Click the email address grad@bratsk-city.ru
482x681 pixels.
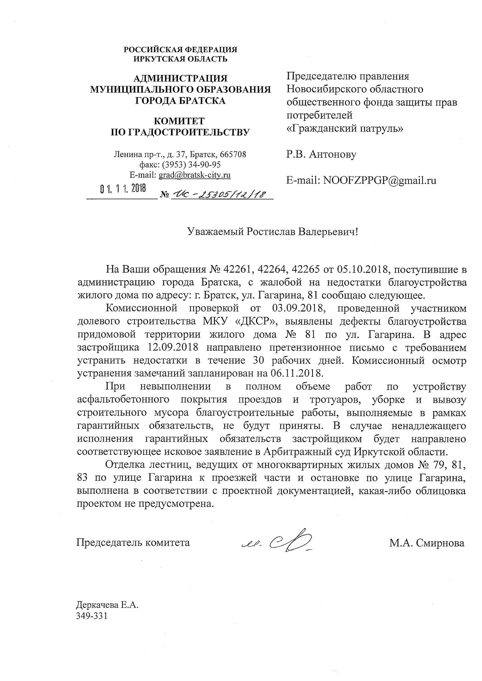194,175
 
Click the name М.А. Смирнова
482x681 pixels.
427,543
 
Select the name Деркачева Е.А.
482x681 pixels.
107,606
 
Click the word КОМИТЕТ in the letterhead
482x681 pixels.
180,122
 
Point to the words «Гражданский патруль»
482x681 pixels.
344,128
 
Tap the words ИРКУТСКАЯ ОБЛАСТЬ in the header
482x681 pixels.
180,59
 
